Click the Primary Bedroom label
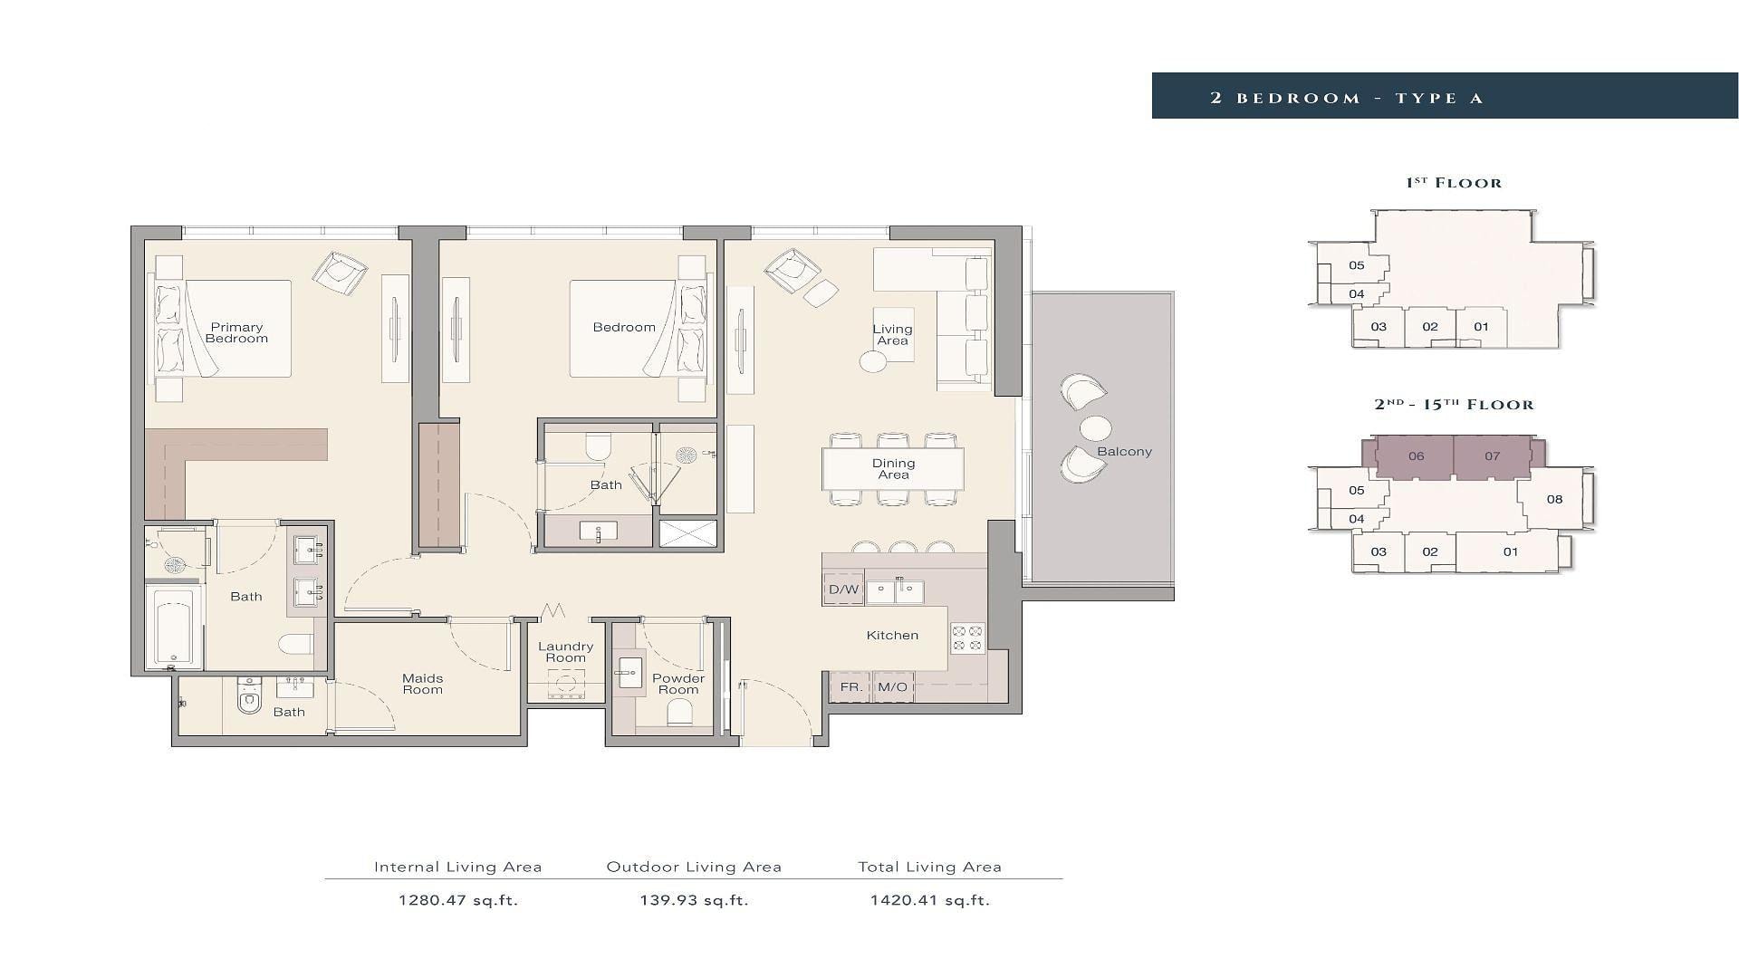click(x=236, y=333)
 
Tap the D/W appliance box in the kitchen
click(x=843, y=590)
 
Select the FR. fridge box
click(x=850, y=687)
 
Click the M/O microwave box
click(x=892, y=687)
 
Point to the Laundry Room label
click(x=565, y=652)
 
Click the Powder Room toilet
click(x=679, y=713)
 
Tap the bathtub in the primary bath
click(x=174, y=627)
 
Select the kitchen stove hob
click(x=967, y=638)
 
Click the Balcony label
click(x=1124, y=452)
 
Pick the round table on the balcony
click(x=1096, y=427)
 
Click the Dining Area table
click(x=893, y=469)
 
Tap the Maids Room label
click(x=423, y=684)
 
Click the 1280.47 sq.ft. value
click(x=458, y=900)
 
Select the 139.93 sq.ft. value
click(x=695, y=900)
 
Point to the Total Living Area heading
click(x=930, y=867)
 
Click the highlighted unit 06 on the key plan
click(x=1416, y=456)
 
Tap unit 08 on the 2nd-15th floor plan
click(x=1554, y=499)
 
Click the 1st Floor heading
click(x=1454, y=183)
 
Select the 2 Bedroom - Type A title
click(x=1347, y=98)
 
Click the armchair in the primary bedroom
click(x=340, y=272)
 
